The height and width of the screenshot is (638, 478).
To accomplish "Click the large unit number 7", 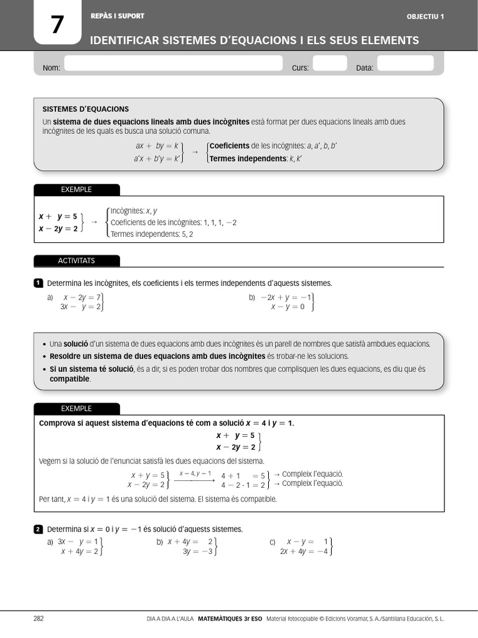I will click(x=57, y=25).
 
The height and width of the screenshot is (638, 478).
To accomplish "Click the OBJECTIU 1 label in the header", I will click(x=425, y=16).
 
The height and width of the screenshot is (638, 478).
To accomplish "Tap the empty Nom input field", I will click(x=173, y=64).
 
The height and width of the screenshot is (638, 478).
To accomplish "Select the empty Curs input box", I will click(x=329, y=64).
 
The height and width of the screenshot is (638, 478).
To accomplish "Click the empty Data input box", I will click(x=405, y=64).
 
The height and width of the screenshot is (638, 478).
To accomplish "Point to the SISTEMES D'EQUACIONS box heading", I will click(x=85, y=109).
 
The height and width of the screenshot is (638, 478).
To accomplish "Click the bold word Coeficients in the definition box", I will click(x=230, y=146).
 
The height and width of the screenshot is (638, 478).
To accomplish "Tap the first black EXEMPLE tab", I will click(x=77, y=189).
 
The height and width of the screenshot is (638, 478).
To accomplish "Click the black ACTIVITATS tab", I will click(x=77, y=260).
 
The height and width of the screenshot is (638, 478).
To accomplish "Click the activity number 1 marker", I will click(x=38, y=283).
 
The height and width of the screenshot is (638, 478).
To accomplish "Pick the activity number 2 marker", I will click(x=38, y=530).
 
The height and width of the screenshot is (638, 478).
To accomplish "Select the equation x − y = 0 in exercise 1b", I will click(x=288, y=307).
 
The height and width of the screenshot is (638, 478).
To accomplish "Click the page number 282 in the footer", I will click(x=39, y=619).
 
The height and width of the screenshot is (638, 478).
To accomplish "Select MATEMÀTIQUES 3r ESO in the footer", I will click(x=230, y=619).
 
